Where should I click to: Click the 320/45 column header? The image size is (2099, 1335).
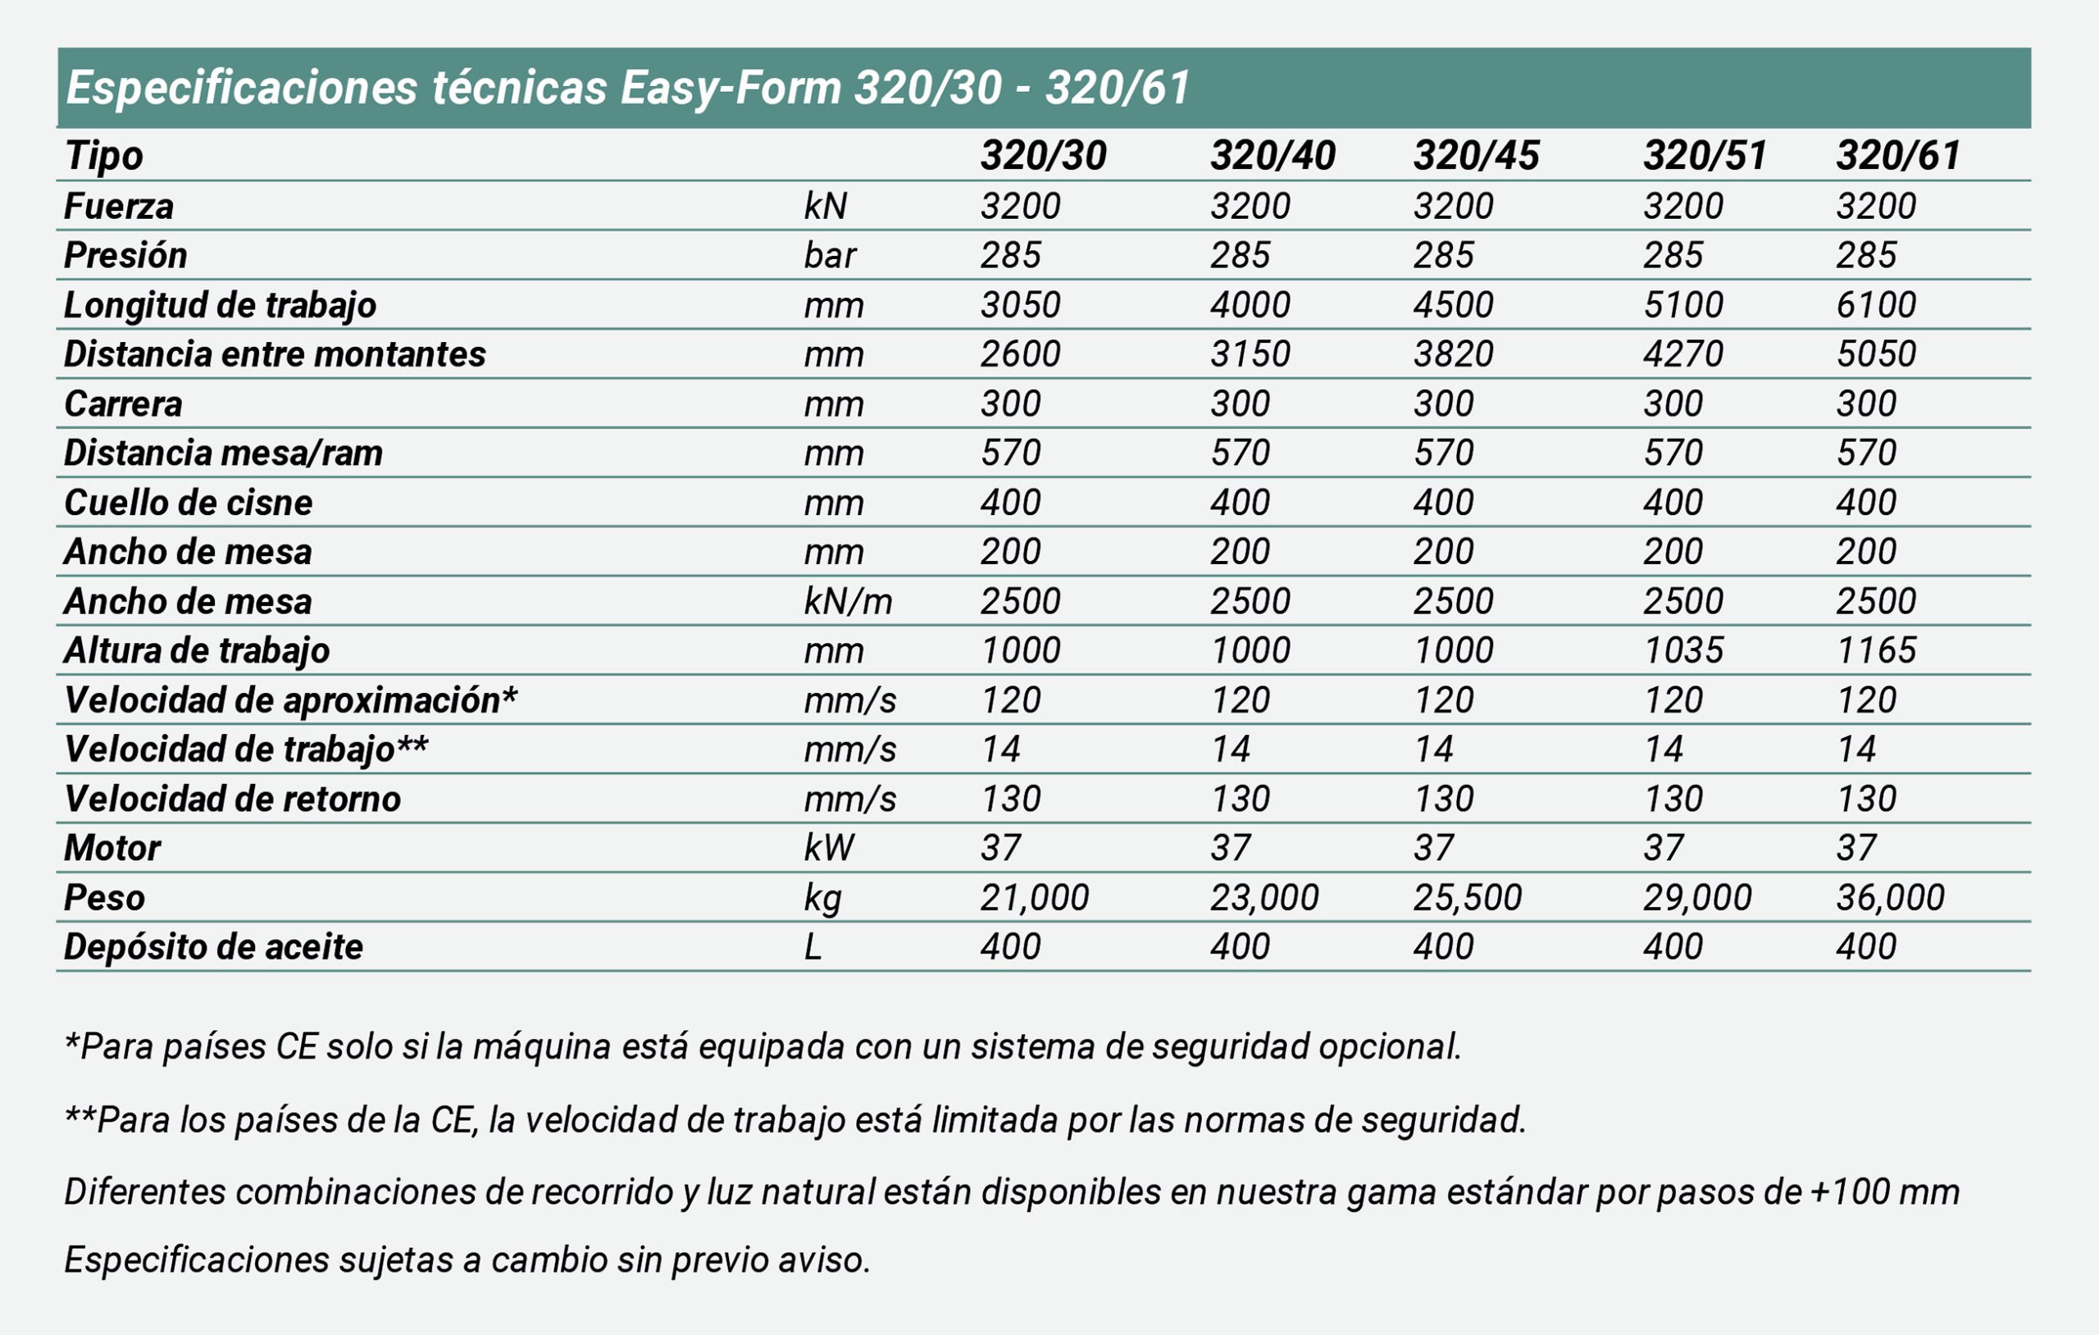click(1477, 155)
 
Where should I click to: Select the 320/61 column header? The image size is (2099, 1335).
click(1898, 155)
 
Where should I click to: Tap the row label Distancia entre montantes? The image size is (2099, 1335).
click(275, 354)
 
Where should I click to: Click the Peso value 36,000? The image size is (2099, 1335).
click(1890, 897)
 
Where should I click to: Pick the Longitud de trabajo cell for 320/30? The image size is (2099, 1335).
click(1020, 304)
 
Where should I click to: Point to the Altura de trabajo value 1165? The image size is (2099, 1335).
click(1876, 649)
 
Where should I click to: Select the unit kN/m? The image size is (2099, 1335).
click(847, 601)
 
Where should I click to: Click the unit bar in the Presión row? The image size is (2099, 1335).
click(830, 256)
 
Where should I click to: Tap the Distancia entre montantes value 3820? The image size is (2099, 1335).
click(1453, 354)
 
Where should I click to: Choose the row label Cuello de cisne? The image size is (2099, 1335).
click(189, 502)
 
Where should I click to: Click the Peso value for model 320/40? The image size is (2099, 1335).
click(1264, 897)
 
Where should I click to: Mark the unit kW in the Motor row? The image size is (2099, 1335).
click(828, 848)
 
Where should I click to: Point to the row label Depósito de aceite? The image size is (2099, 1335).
click(213, 947)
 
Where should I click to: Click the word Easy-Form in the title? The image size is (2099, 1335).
click(731, 88)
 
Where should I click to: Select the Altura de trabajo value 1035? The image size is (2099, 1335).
click(1683, 649)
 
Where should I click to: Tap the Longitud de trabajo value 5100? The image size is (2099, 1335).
click(1683, 304)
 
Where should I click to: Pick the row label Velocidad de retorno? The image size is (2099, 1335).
click(232, 799)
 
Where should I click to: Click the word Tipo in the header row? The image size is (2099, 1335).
click(104, 157)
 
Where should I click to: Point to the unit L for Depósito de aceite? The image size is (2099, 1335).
click(813, 947)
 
